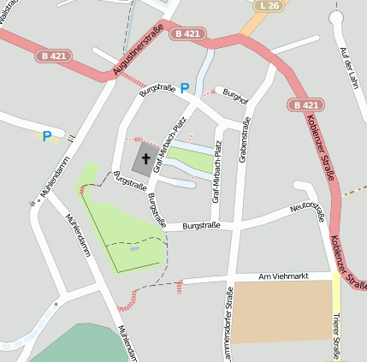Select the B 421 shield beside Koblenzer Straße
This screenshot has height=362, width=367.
(x=305, y=104)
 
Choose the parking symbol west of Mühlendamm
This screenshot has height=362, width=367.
(x=46, y=135)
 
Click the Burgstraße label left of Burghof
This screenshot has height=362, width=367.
(x=157, y=88)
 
